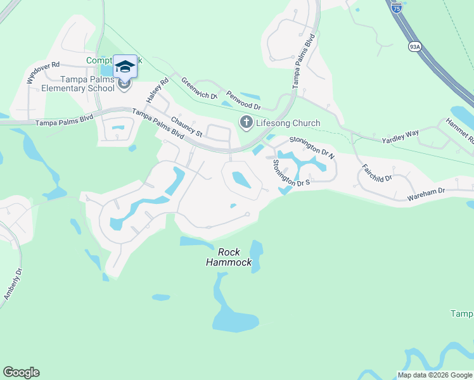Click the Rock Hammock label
pyautogui.click(x=229, y=257)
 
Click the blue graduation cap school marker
pyautogui.click(x=125, y=66)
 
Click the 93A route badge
pyautogui.click(x=414, y=46)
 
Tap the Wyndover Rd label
pyautogui.click(x=42, y=73)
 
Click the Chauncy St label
pyautogui.click(x=186, y=125)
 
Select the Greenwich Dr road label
pyautogui.click(x=199, y=90)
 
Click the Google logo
pyautogui.click(x=21, y=372)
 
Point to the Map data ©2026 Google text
pyautogui.click(x=435, y=375)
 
